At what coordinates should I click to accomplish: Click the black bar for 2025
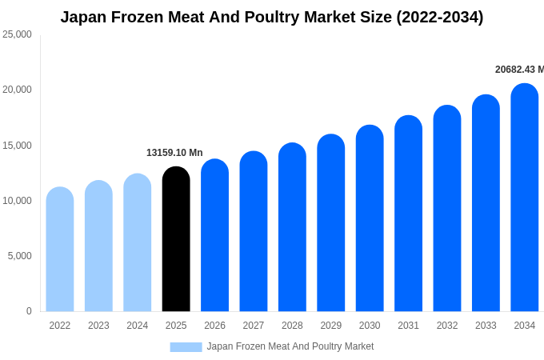coord(176,240)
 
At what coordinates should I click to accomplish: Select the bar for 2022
coord(60,250)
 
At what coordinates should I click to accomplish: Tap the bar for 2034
coord(525,198)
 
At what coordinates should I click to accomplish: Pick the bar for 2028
coord(292,228)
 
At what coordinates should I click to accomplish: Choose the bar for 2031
coord(408,214)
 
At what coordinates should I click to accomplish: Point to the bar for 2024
coord(138,243)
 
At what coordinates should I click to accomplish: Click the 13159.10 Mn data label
coord(174,153)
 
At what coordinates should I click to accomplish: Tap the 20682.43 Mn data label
coord(519,70)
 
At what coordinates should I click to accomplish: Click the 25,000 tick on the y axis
coord(17,34)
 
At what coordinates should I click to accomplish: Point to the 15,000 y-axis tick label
coord(17,146)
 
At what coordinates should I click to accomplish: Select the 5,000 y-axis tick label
coord(19,256)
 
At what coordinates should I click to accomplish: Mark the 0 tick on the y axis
coord(29,311)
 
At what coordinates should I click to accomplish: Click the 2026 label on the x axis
coord(214,326)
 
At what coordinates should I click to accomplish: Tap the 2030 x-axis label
coord(370,326)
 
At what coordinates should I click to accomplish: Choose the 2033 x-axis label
coord(486,326)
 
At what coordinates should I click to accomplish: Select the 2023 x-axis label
coord(98,326)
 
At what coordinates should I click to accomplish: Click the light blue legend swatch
coord(186,347)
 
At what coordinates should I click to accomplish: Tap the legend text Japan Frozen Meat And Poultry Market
coord(290,346)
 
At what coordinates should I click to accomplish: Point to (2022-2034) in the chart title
coord(440,17)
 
